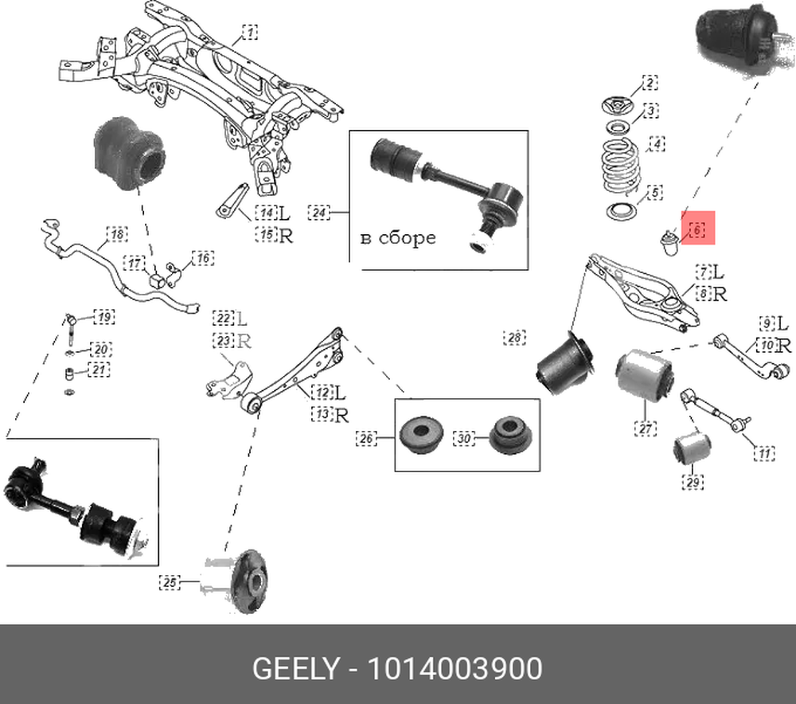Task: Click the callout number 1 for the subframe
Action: [250, 33]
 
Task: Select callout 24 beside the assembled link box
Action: [318, 213]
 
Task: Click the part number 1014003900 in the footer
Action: [454, 668]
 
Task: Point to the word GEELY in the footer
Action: [295, 668]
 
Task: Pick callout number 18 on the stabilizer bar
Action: [117, 234]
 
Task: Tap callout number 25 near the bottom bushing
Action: [170, 583]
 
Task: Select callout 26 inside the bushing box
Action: [365, 437]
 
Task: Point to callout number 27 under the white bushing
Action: [645, 428]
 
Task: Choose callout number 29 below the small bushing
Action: [693, 482]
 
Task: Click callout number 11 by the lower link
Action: [763, 454]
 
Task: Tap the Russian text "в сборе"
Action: [398, 238]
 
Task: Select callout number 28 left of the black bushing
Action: [515, 338]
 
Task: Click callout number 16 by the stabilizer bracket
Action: [203, 258]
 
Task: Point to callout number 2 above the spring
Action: [650, 83]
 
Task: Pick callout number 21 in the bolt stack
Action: [99, 370]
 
